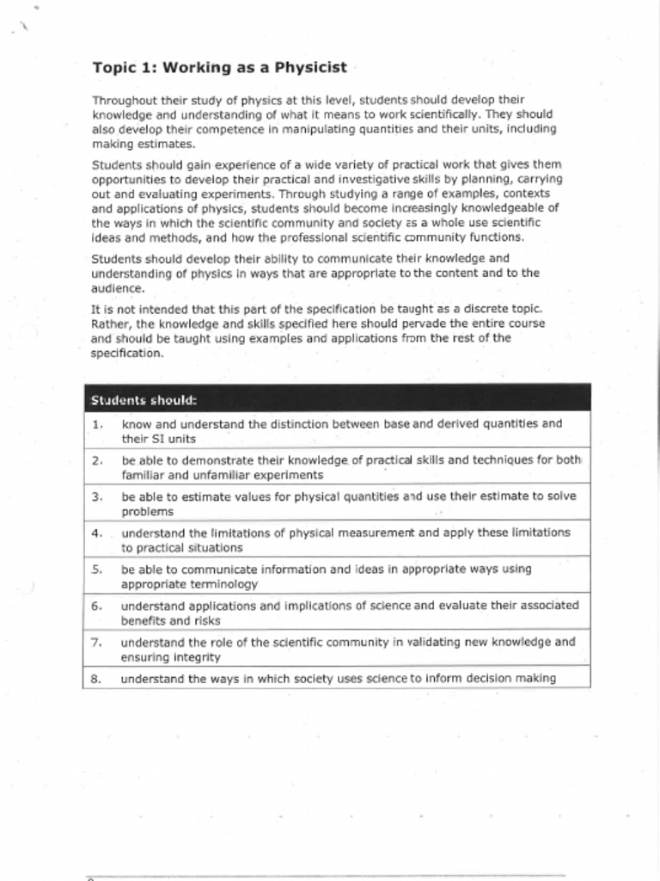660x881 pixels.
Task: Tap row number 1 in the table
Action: click(98, 424)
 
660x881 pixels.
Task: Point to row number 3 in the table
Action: click(98, 496)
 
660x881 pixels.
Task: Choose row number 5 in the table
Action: click(98, 569)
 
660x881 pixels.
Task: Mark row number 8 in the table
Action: click(98, 679)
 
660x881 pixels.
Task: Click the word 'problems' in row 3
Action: click(147, 511)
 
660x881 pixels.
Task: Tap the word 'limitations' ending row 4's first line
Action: click(538, 533)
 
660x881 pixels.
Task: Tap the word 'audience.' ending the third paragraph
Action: click(119, 288)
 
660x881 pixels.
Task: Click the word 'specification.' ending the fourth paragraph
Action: click(128, 353)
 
